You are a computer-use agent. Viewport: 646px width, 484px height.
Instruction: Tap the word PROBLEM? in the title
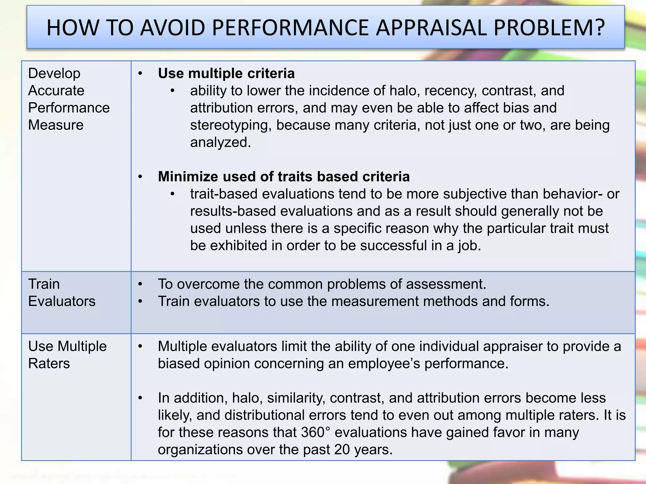click(549, 28)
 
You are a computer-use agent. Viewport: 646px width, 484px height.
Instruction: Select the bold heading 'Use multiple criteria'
click(226, 73)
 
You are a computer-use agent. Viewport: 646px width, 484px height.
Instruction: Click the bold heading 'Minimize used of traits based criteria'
click(284, 176)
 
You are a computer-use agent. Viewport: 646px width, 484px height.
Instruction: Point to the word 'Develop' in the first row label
click(54, 73)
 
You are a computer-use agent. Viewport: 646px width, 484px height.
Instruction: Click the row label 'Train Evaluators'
click(62, 292)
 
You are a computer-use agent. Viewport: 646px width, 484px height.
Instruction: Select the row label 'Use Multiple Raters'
click(67, 355)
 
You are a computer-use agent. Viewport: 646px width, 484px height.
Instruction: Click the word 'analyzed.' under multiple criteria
click(220, 142)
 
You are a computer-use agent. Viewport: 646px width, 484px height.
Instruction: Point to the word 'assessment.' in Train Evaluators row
click(446, 284)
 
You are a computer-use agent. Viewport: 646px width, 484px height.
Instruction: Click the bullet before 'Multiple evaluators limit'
click(140, 347)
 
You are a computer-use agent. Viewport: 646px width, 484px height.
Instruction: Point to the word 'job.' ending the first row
click(470, 245)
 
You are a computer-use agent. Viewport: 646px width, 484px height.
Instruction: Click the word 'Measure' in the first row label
click(56, 125)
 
